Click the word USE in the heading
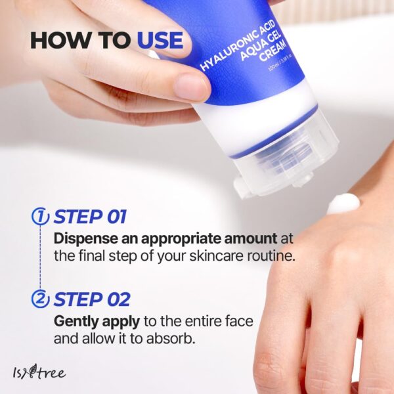(160, 40)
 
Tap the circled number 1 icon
(41, 217)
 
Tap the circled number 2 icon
(41, 299)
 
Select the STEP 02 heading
(92, 299)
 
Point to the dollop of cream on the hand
(343, 203)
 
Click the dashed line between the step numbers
(41, 258)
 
